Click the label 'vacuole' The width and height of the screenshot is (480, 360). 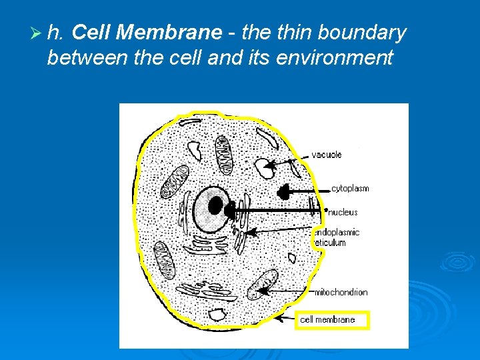click(x=327, y=155)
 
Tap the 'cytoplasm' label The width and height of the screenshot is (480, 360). click(x=350, y=189)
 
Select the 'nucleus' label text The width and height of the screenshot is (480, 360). click(x=343, y=212)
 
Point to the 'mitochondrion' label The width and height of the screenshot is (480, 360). click(x=341, y=292)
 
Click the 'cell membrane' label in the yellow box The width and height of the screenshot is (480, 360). click(x=327, y=320)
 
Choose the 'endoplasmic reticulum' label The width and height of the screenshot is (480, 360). click(x=337, y=237)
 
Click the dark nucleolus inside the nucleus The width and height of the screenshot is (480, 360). click(x=215, y=205)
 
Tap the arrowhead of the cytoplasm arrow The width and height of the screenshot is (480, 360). click(x=284, y=193)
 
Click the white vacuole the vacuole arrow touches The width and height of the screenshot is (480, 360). click(x=267, y=168)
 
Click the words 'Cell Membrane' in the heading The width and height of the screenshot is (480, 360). click(x=146, y=32)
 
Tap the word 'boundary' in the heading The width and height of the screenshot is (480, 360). click(x=363, y=32)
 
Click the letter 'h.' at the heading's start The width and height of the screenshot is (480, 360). click(x=55, y=32)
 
